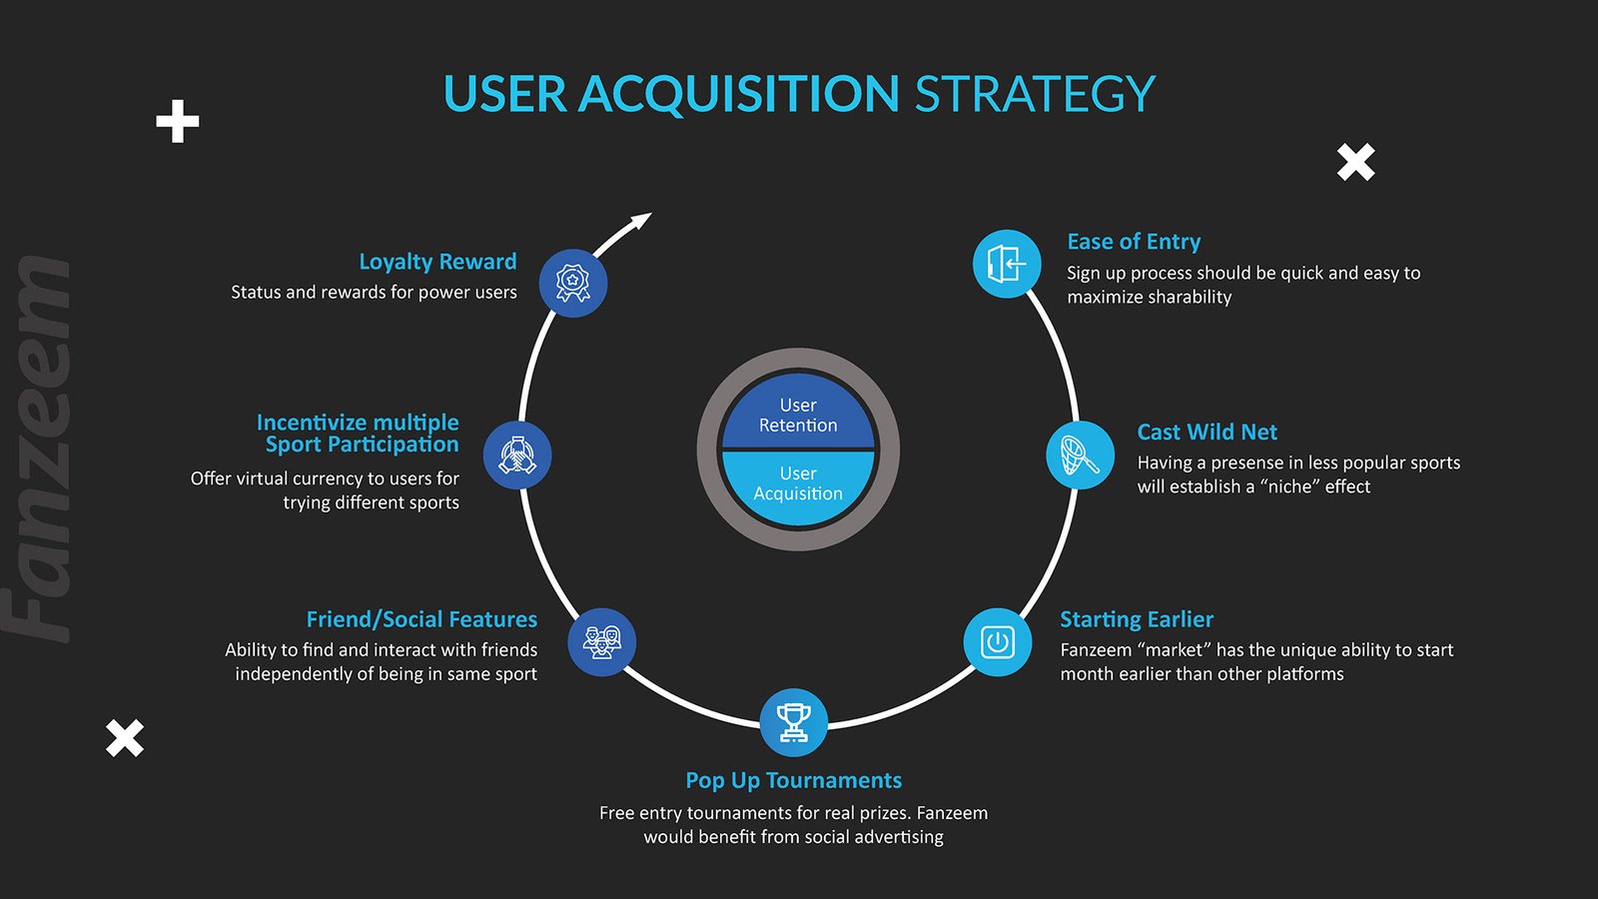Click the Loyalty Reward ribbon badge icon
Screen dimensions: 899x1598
click(x=573, y=283)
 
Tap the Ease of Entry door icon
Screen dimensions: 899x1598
click(x=1007, y=264)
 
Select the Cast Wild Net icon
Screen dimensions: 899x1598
click(x=1080, y=455)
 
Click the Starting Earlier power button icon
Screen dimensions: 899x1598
click(x=998, y=642)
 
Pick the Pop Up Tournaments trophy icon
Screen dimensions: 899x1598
click(x=794, y=722)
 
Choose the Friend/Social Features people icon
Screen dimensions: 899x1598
click(x=601, y=642)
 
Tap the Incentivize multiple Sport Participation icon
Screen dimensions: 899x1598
click(x=517, y=455)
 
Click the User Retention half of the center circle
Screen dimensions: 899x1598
click(x=798, y=414)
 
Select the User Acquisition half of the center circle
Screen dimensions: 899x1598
click(x=798, y=485)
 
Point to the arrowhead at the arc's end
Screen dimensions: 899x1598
click(x=639, y=222)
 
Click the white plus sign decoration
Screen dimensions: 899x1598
click(x=178, y=122)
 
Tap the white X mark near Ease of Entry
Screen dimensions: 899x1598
click(x=1356, y=162)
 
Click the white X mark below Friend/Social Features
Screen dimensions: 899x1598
click(x=125, y=738)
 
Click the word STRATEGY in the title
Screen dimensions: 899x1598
click(x=1035, y=94)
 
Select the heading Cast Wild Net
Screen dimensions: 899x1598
click(x=1206, y=433)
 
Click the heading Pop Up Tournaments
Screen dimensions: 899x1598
click(x=794, y=780)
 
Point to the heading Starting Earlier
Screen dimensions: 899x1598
click(x=1137, y=619)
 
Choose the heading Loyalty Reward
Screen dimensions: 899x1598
click(x=437, y=262)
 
